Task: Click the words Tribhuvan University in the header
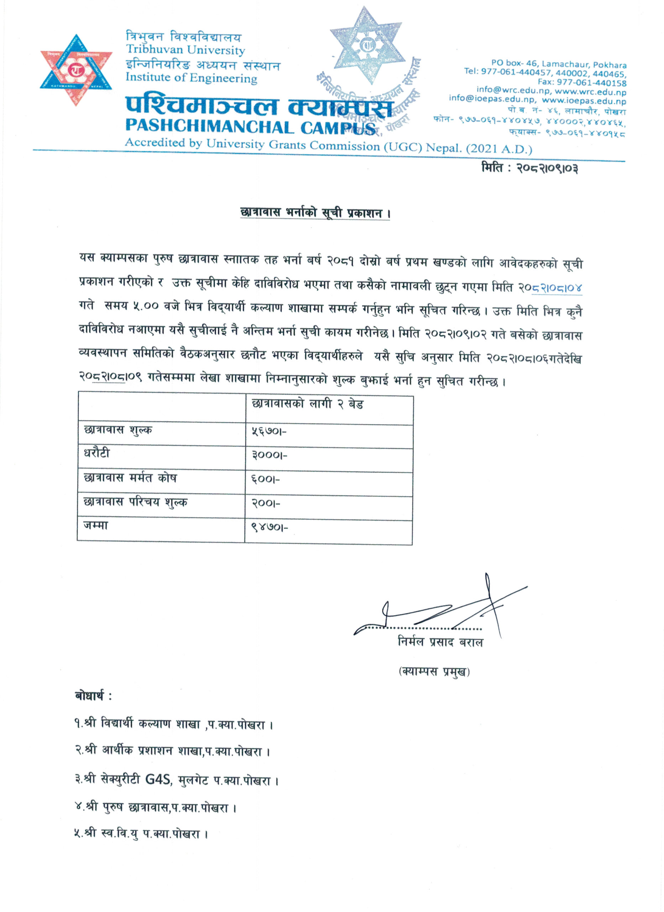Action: click(185, 50)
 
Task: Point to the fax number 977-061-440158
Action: click(582, 83)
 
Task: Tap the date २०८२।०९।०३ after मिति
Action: click(548, 169)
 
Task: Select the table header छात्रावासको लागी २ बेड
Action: click(308, 404)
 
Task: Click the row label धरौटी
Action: click(96, 454)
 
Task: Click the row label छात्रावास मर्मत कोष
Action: click(130, 478)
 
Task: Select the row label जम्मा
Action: click(96, 525)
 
